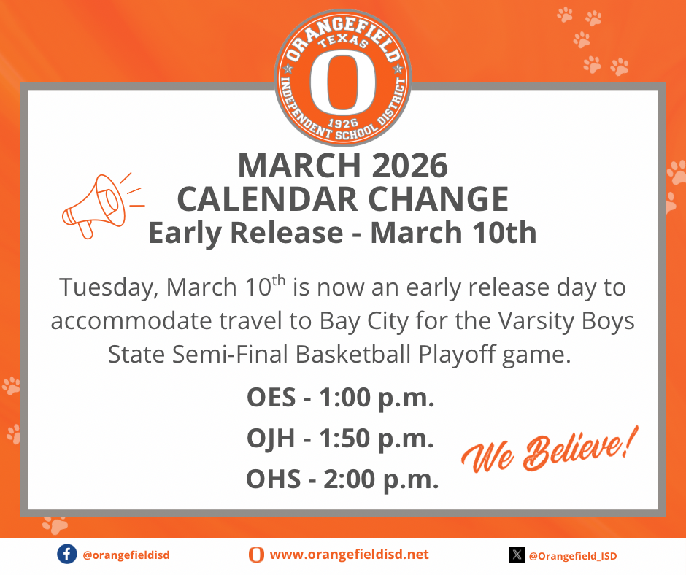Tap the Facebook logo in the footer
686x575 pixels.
coord(66,555)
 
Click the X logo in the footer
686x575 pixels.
coord(517,555)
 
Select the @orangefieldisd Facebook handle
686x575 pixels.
coord(126,555)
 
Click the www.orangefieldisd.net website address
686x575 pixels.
coord(349,555)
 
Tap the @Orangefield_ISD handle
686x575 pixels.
coord(572,556)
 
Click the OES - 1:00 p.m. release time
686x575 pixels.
coord(341,399)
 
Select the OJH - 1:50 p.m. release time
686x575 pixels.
coord(341,439)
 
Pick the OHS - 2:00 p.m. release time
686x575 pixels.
coord(342,479)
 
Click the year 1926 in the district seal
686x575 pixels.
coord(343,122)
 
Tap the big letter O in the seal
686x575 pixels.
coord(342,82)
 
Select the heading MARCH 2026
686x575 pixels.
coord(342,166)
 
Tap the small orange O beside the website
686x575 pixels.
coord(256,555)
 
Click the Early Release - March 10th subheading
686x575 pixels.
coord(342,233)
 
